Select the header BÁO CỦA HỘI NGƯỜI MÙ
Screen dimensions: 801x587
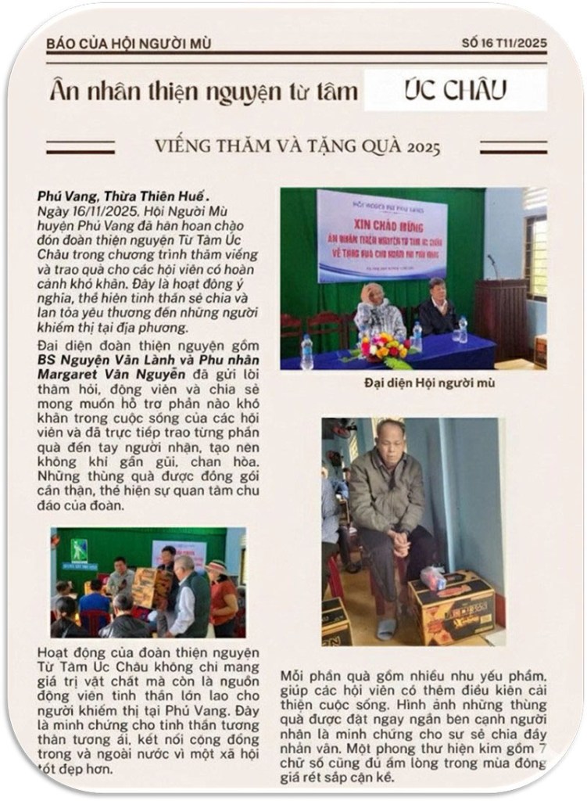(128, 44)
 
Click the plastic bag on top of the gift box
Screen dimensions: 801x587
(432, 577)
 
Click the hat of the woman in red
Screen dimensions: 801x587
(217, 565)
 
